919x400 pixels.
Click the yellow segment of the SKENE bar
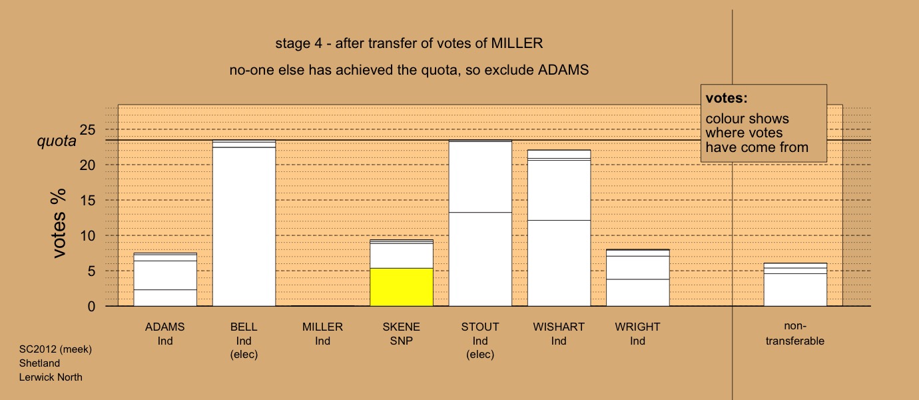click(x=402, y=287)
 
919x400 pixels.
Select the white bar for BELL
click(x=244, y=223)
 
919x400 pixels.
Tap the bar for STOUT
click(x=480, y=223)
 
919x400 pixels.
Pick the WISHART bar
click(x=559, y=228)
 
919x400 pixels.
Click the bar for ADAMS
click(x=165, y=279)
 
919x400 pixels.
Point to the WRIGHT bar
click(x=637, y=277)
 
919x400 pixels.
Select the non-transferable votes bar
click(x=795, y=285)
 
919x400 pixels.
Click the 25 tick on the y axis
click(x=87, y=130)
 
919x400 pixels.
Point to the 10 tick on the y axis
click(x=87, y=236)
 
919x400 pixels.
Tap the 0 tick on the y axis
click(x=91, y=307)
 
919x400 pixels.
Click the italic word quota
click(x=57, y=141)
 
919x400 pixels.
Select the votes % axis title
click(x=59, y=223)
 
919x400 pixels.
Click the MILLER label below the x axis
click(x=322, y=327)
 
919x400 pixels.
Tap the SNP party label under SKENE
click(x=402, y=341)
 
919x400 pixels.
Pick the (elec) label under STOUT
click(x=480, y=355)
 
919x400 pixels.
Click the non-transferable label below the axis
click(x=795, y=333)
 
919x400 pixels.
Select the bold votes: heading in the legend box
click(x=727, y=98)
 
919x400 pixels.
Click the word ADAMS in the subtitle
click(x=563, y=70)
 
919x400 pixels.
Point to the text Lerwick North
click(x=51, y=377)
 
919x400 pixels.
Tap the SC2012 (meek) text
click(x=55, y=349)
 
